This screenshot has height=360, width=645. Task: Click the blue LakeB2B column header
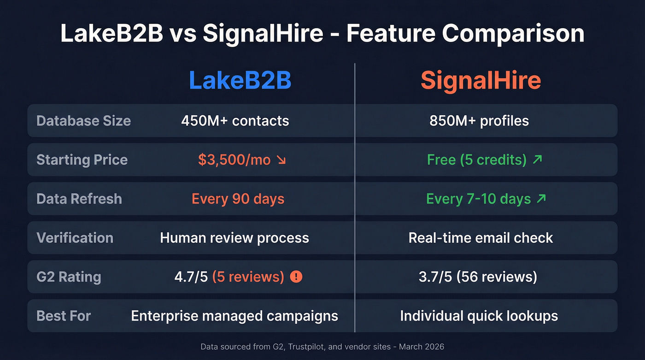pyautogui.click(x=240, y=81)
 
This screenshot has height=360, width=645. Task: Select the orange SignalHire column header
pyautogui.click(x=481, y=81)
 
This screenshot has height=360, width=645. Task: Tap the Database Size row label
pyautogui.click(x=83, y=121)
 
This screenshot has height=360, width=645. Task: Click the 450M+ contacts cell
pyautogui.click(x=235, y=121)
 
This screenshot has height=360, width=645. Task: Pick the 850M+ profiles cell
pyautogui.click(x=479, y=121)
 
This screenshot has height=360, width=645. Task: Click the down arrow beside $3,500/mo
pyautogui.click(x=281, y=160)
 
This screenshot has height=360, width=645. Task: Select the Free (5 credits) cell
pyautogui.click(x=476, y=159)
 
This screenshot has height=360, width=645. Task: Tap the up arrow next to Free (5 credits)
pyautogui.click(x=537, y=159)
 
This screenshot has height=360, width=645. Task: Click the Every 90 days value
pyautogui.click(x=238, y=199)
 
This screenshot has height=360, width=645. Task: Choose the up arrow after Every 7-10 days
pyautogui.click(x=541, y=199)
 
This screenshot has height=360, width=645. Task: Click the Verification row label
pyautogui.click(x=75, y=238)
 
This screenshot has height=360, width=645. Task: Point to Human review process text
pyautogui.click(x=235, y=238)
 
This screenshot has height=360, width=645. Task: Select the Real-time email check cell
pyautogui.click(x=481, y=238)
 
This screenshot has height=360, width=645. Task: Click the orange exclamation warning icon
pyautogui.click(x=296, y=277)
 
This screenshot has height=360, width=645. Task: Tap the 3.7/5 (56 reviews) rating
pyautogui.click(x=478, y=277)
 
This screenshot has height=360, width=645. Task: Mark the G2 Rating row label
pyautogui.click(x=69, y=277)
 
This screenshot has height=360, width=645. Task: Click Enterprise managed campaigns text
pyautogui.click(x=235, y=316)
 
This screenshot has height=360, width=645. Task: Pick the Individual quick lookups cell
pyautogui.click(x=479, y=316)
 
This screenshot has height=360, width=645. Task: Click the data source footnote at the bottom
pyautogui.click(x=322, y=346)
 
